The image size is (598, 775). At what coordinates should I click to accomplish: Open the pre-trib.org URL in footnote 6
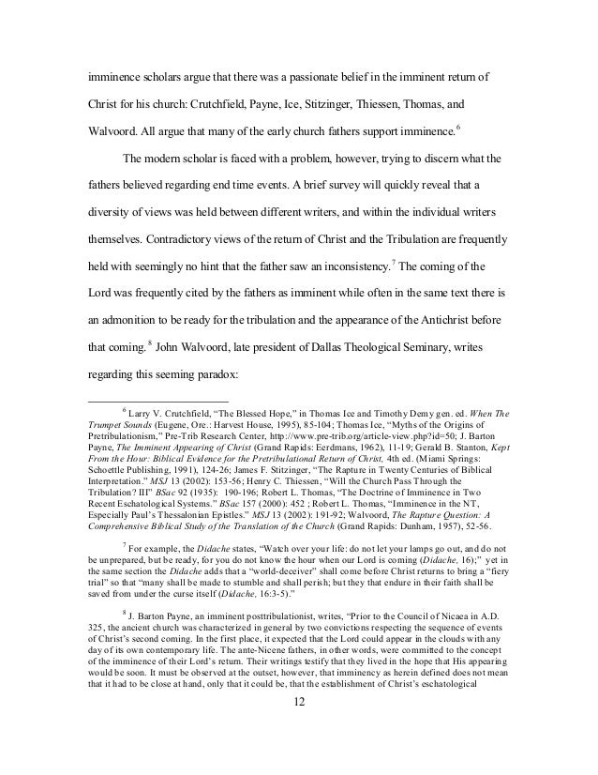[x=399, y=436]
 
